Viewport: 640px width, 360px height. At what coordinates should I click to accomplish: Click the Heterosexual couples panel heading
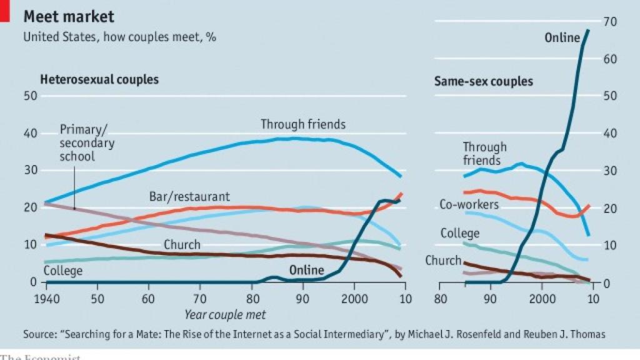[x=99, y=80]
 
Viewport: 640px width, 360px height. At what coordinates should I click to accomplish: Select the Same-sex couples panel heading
[x=483, y=81]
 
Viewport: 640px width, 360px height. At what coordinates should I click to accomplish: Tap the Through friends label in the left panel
[x=303, y=124]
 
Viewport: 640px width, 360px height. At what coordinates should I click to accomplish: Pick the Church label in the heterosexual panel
[x=182, y=245]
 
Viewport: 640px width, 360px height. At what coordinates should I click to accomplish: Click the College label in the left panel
[x=63, y=271]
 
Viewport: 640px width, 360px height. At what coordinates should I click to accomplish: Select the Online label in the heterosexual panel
[x=306, y=270]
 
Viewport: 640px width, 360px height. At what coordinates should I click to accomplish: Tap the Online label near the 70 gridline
[x=562, y=37]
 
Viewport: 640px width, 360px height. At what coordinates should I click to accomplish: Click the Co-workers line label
[x=469, y=204]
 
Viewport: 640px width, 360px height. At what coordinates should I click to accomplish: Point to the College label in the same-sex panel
[x=459, y=233]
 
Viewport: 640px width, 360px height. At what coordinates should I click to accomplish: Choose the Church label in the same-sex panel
[x=443, y=261]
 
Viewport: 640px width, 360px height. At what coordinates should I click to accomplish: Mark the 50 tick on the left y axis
[x=31, y=96]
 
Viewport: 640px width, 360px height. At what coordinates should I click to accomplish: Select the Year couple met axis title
[x=224, y=314]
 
